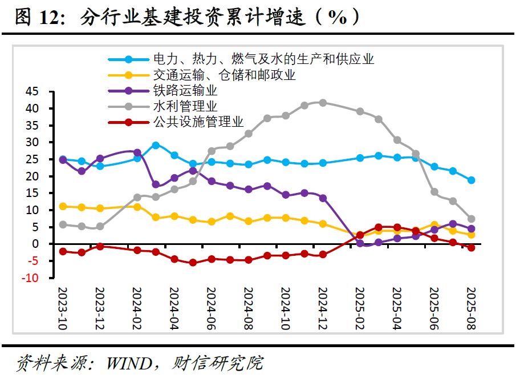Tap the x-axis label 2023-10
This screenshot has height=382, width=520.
point(63,308)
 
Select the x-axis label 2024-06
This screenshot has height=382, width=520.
point(211,308)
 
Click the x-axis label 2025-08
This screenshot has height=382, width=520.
point(471,308)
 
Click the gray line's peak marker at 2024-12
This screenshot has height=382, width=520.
point(323,103)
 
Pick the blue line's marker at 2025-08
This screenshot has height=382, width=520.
point(471,180)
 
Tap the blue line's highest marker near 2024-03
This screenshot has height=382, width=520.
point(156,146)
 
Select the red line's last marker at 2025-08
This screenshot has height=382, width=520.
point(471,247)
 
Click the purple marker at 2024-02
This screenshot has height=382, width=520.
point(137,152)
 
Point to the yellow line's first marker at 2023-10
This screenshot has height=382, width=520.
point(63,206)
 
